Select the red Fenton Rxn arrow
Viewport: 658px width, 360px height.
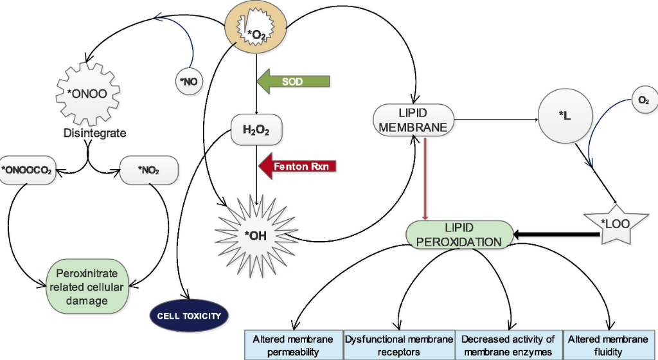point(298,166)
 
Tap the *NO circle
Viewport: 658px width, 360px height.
point(189,82)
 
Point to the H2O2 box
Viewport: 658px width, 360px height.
point(256,130)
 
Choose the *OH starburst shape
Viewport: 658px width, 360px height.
point(256,235)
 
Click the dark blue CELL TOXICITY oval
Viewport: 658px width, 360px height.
point(189,316)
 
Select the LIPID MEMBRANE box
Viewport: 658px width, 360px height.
point(413,120)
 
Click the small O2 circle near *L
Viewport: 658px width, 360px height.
point(643,101)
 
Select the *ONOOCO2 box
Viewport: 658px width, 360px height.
point(28,170)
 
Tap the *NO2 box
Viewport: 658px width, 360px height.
point(148,170)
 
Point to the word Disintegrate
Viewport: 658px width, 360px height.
point(94,134)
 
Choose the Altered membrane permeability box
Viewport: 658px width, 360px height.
point(293,346)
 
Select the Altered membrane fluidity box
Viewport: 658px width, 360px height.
point(609,346)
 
